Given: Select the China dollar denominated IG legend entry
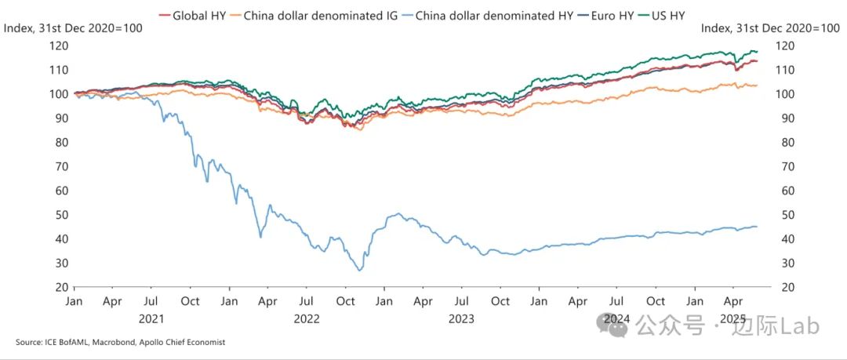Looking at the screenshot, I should [x=322, y=15].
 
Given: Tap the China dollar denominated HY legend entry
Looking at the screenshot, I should [x=494, y=15].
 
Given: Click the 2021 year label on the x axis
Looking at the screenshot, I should [x=152, y=319].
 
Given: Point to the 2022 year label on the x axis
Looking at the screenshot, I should [x=306, y=319].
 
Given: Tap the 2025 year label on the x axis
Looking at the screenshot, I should [x=733, y=319].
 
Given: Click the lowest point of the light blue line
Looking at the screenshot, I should [x=360, y=271].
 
